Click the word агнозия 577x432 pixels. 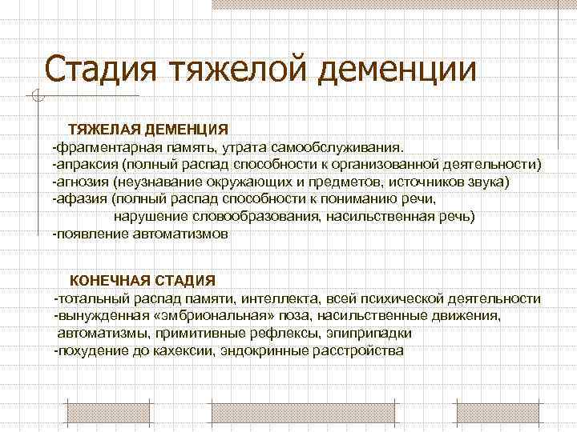[81, 182]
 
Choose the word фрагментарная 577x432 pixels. [101, 147]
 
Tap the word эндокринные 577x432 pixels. [257, 351]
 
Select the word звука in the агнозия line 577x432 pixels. [488, 182]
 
